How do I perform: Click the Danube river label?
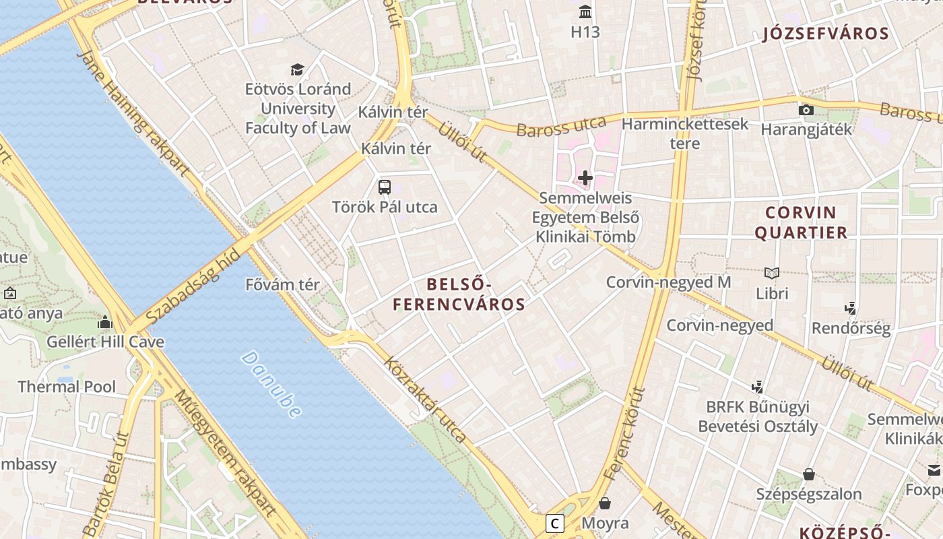271,385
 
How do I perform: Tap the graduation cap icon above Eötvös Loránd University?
297,69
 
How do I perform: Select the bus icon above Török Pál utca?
385,187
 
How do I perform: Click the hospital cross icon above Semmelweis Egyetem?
585,178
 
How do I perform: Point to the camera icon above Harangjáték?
806,110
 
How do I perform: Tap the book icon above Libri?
772,273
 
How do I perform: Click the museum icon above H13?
585,12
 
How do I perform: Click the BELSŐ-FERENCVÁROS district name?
459,294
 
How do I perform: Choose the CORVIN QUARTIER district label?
801,223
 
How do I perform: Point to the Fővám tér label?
282,285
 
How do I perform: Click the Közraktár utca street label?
425,399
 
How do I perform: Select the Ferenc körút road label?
624,433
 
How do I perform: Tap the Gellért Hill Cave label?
105,342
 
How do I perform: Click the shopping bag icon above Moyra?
605,503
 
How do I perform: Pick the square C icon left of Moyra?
555,524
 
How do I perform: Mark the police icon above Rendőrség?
850,309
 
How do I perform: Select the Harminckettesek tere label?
684,133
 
